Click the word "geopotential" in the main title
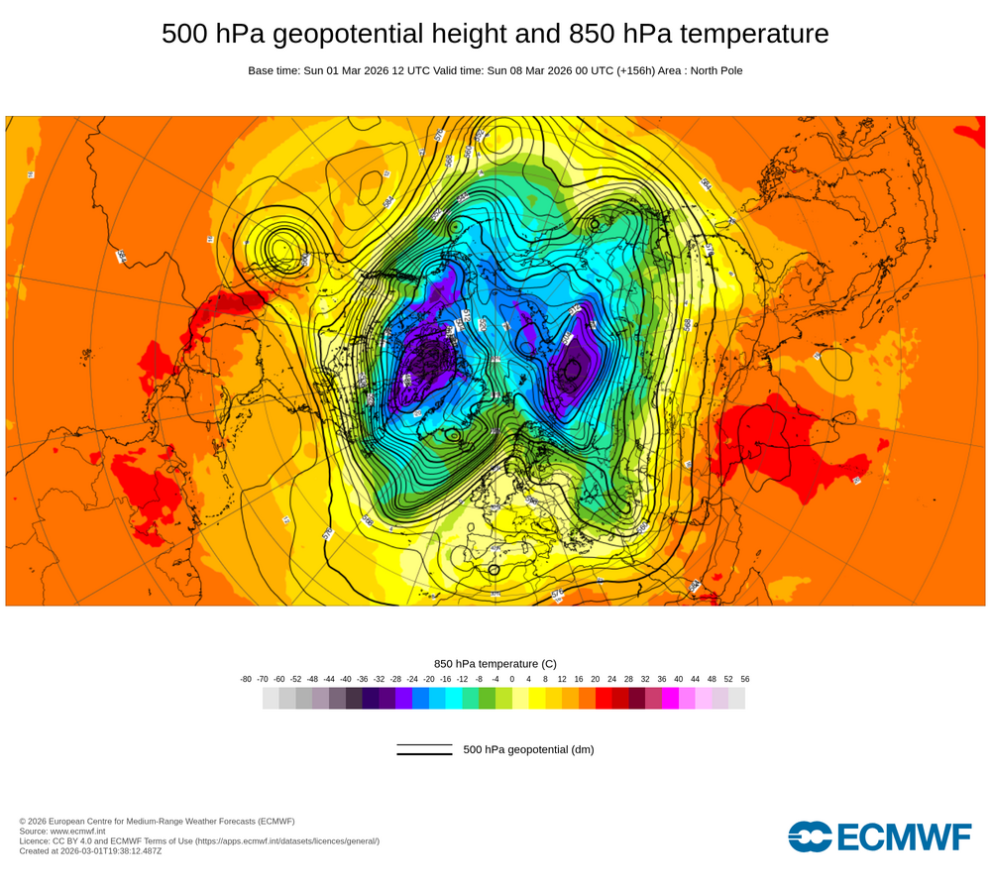click(x=343, y=34)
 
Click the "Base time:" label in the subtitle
click(x=275, y=70)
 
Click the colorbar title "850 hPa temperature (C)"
click(x=495, y=663)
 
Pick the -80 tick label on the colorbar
click(x=246, y=679)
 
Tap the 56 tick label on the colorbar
click(x=745, y=679)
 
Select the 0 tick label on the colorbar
click(x=511, y=679)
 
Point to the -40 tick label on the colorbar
click(x=346, y=679)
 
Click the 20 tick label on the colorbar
click(x=595, y=679)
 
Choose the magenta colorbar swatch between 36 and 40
click(x=670, y=698)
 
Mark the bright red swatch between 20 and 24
click(x=604, y=698)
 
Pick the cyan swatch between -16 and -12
click(x=454, y=698)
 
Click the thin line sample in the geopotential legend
click(x=424, y=745)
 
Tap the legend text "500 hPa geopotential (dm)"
click(x=528, y=749)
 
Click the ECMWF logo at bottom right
click(x=880, y=836)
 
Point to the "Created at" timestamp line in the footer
click(x=90, y=850)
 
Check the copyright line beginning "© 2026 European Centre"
click(x=157, y=821)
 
